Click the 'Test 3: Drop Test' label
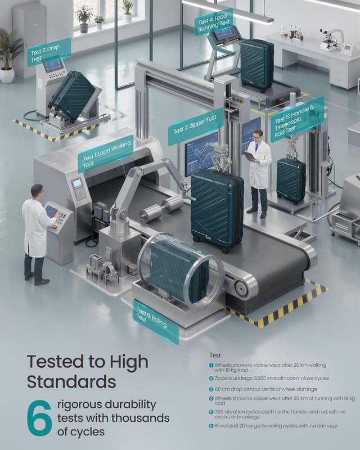coord(49,52)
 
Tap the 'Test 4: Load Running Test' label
coord(214,22)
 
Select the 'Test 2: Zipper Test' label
coord(196,127)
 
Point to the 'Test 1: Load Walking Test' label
coord(106,154)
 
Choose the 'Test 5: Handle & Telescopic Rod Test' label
coord(298,119)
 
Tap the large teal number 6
coord(39,418)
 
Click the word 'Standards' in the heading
coord(71,382)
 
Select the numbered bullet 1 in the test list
coord(211,365)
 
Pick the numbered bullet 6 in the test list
coord(211,426)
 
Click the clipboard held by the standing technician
coord(249,156)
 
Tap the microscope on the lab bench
coord(330,39)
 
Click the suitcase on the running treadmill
coord(257,65)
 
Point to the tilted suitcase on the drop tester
coord(73,94)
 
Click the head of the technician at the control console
coord(37,191)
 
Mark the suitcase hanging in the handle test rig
coord(291,181)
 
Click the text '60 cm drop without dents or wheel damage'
coord(266,389)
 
